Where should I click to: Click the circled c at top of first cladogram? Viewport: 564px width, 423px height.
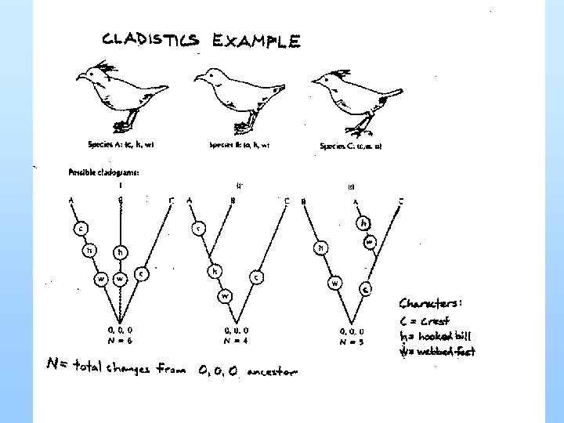tap(81, 229)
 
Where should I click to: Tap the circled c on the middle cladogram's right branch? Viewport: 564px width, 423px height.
tap(257, 277)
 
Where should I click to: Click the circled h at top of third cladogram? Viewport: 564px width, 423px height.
tap(363, 223)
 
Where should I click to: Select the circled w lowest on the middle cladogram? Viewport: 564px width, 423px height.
tap(225, 296)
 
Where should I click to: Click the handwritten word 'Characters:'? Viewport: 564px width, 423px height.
tap(432, 302)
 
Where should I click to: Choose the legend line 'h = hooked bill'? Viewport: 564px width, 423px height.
tap(436, 335)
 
